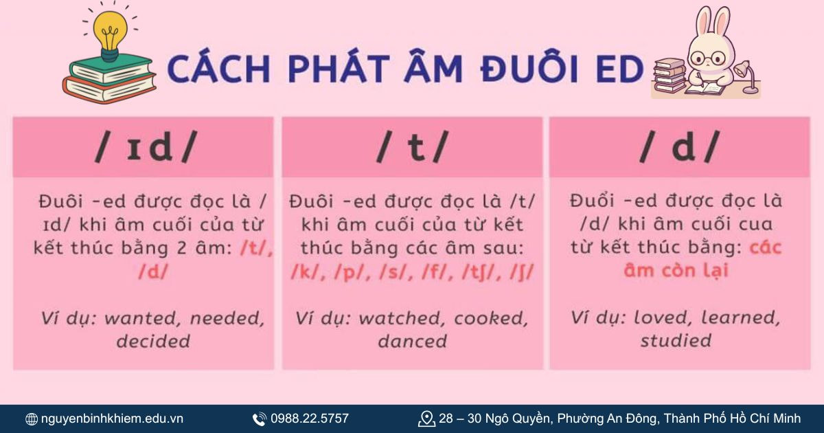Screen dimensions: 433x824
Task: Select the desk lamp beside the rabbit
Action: [746, 76]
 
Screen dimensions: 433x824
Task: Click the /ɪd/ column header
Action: [144, 147]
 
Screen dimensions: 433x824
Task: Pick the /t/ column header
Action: [412, 147]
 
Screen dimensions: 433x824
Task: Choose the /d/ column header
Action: [679, 147]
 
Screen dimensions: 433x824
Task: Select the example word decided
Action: [152, 341]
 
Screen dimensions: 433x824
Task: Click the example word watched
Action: [402, 318]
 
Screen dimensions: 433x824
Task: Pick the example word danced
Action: [412, 341]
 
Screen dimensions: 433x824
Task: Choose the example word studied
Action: [676, 340]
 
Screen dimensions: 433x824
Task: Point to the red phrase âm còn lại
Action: [676, 270]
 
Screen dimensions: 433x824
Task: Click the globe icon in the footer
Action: [32, 419]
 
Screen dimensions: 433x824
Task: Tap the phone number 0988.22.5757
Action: [310, 419]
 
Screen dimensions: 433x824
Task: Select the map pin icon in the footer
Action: [426, 419]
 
